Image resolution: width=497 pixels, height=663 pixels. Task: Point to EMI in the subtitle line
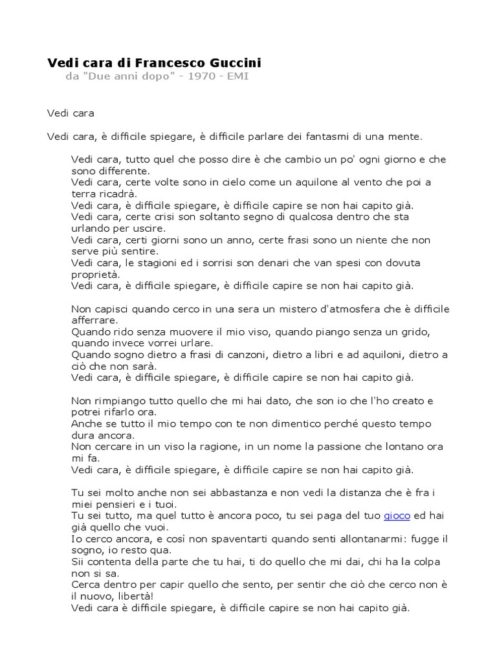(237, 77)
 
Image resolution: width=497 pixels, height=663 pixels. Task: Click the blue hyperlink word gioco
(397, 516)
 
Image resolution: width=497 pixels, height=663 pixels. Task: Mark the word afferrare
(94, 320)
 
